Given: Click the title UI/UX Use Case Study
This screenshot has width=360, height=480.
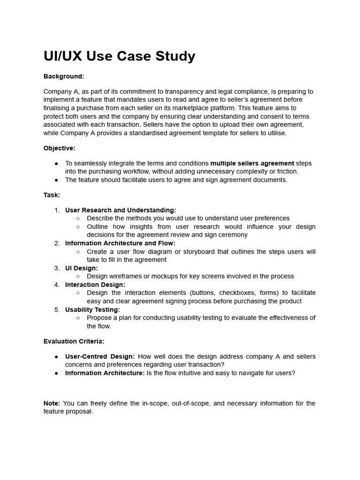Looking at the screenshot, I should (x=120, y=56).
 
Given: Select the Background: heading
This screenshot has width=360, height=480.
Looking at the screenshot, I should (x=64, y=76).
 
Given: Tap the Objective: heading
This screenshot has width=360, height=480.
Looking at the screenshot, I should (x=59, y=148).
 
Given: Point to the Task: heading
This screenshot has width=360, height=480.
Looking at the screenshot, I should (x=52, y=195).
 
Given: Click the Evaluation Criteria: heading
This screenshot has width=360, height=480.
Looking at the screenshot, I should (x=74, y=341).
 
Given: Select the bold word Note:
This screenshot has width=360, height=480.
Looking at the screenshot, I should (x=52, y=403).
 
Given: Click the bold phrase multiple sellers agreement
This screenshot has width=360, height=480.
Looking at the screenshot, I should (x=252, y=163).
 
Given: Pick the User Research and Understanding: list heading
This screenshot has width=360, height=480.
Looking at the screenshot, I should (x=120, y=210).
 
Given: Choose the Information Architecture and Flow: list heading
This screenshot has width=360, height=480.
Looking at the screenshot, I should (x=120, y=243).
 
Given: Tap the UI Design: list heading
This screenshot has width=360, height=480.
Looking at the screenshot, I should (x=82, y=268).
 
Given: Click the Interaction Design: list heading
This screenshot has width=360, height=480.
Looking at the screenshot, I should (x=95, y=285).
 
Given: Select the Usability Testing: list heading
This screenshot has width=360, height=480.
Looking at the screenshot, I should (x=92, y=309).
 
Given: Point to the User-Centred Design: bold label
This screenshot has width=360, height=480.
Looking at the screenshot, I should (x=100, y=356).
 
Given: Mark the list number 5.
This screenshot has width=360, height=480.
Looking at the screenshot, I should (x=57, y=309).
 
